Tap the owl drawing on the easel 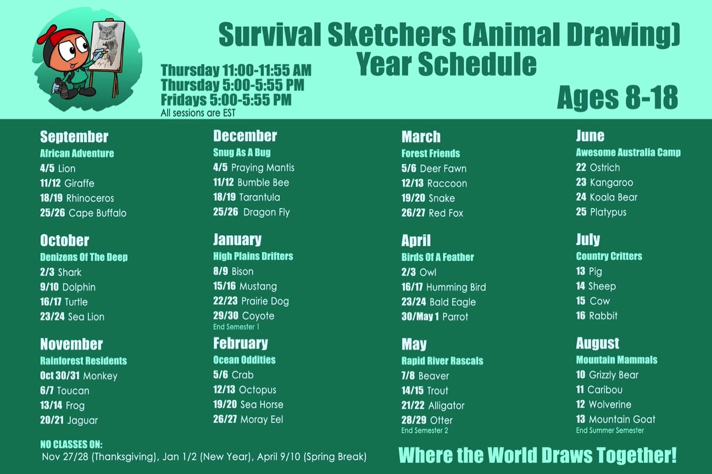[x=107, y=45]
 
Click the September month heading [x=74, y=137]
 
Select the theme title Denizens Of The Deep [x=84, y=257]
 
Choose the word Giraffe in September [x=80, y=184]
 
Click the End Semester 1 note [x=236, y=327]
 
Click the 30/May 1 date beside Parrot [x=420, y=317]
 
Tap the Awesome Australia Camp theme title [x=628, y=152]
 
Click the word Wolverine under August [x=610, y=404]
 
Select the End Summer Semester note [x=610, y=431]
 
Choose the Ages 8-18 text [x=618, y=98]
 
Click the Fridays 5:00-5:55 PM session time [x=226, y=100]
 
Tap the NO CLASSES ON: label [x=71, y=444]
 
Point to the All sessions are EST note [x=198, y=113]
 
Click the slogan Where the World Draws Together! [x=537, y=455]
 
